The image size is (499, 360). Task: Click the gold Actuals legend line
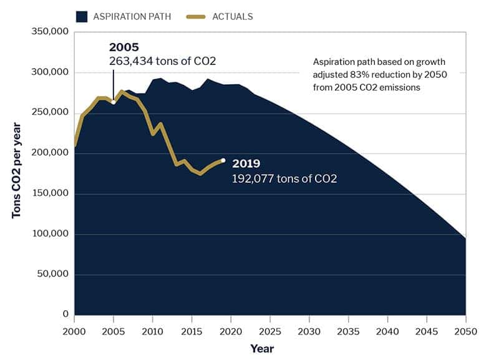point(198,16)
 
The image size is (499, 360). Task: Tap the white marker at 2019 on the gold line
point(223,160)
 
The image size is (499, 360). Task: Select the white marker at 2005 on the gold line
point(113,102)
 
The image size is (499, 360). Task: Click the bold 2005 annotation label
point(124,47)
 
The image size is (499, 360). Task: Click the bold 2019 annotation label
point(246,163)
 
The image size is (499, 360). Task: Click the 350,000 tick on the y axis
point(47,32)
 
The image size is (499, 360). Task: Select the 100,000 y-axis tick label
point(47,234)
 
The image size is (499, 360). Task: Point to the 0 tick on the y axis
point(64,314)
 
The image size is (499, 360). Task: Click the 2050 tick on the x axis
point(465,331)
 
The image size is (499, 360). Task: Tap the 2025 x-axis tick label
point(269,331)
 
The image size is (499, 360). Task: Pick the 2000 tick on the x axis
point(74,331)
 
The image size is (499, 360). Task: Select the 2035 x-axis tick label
point(348,331)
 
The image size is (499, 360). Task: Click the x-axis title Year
point(262,348)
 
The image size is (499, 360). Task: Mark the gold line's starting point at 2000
point(74,145)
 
